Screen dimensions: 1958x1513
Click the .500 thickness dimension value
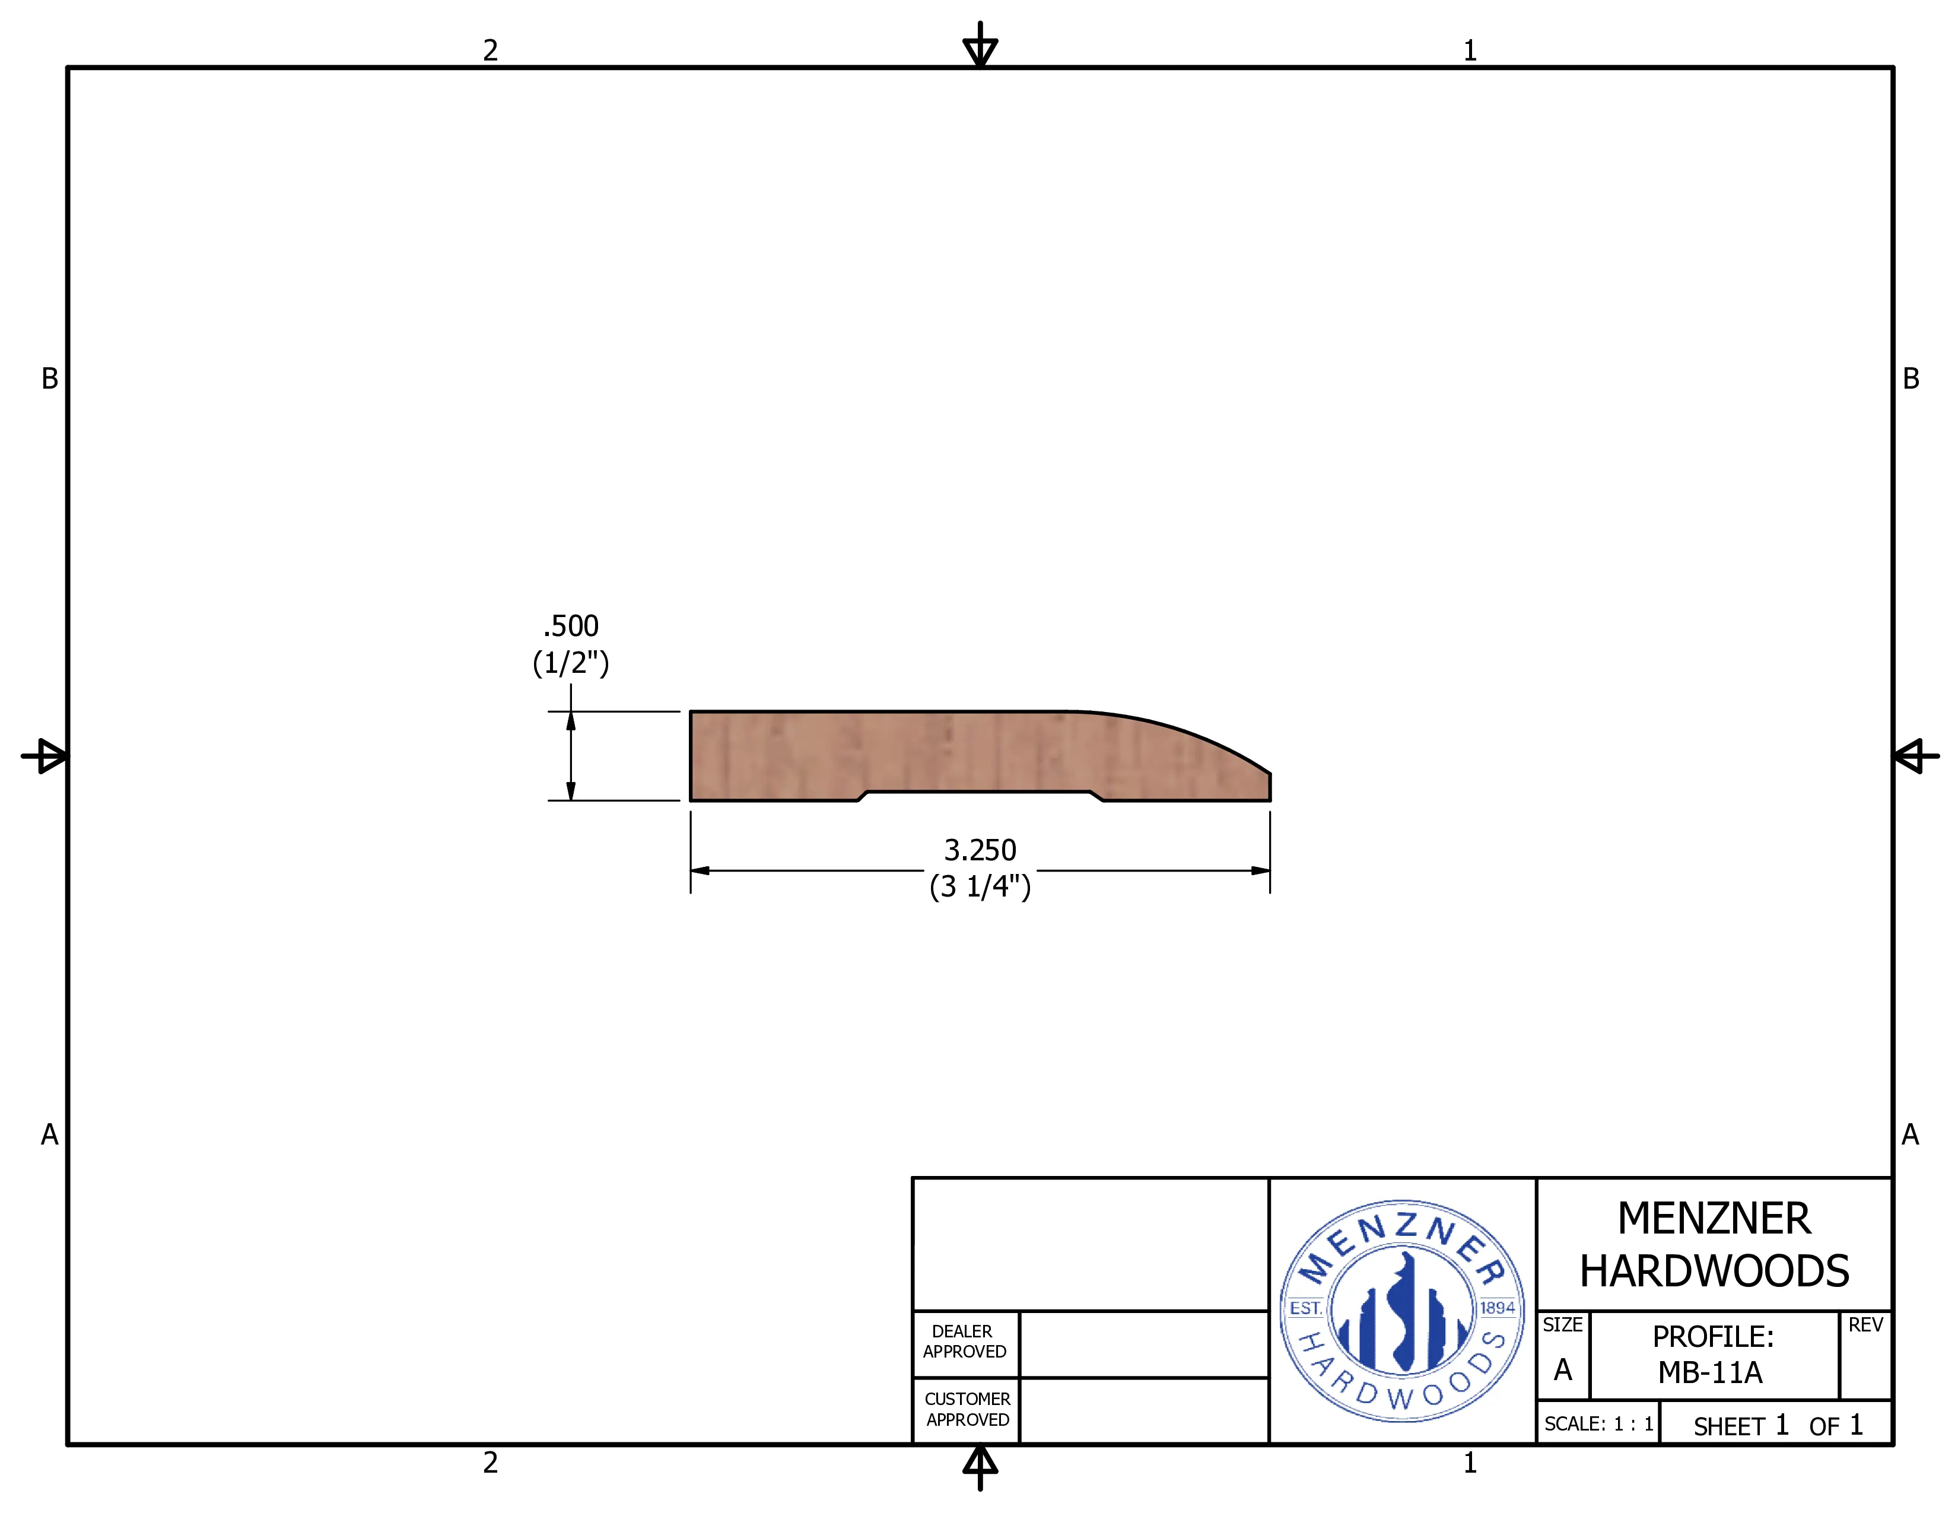[570, 625]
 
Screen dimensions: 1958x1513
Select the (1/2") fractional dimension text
[570, 663]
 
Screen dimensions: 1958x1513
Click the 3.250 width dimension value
[980, 850]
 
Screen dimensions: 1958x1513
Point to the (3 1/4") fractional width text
[980, 886]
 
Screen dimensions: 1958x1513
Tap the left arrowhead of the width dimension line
[700, 870]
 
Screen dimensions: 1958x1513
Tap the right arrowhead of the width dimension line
[1260, 870]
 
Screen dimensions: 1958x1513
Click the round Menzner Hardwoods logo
[1402, 1311]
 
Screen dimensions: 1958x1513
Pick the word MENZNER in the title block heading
[1714, 1219]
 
